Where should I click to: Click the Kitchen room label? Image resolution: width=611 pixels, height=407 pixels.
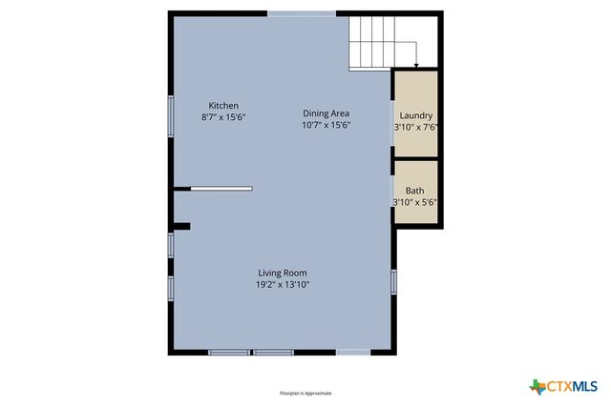[x=223, y=105]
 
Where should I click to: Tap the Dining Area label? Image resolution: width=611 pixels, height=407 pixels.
[x=327, y=112]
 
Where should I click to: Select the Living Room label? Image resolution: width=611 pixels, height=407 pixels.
[x=282, y=273]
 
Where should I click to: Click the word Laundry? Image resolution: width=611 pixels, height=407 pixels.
[x=415, y=115]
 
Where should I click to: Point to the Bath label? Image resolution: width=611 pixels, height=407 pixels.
[x=415, y=191]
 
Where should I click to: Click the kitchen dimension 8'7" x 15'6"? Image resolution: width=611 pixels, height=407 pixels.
[x=224, y=116]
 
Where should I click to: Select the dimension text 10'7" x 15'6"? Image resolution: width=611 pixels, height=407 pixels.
[x=327, y=125]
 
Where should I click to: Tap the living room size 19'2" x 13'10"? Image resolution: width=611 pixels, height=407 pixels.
[x=282, y=284]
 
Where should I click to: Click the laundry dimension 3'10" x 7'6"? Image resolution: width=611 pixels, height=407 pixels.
[x=415, y=127]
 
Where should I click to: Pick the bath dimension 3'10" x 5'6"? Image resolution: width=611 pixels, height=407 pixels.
[x=415, y=202]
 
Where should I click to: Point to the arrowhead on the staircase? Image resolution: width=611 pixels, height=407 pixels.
[x=416, y=65]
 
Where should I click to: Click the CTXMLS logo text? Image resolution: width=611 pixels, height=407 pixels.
[x=571, y=386]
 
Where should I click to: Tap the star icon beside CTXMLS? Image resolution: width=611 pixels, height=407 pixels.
[x=537, y=386]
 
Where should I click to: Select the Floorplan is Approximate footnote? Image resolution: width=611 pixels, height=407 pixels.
[x=305, y=393]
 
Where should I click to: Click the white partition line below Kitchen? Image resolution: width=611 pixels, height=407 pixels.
[x=221, y=189]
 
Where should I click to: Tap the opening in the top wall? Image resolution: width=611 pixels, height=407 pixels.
[x=301, y=13]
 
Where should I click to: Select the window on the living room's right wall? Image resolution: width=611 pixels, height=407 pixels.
[x=392, y=280]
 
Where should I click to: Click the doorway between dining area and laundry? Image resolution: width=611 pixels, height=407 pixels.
[x=392, y=122]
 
